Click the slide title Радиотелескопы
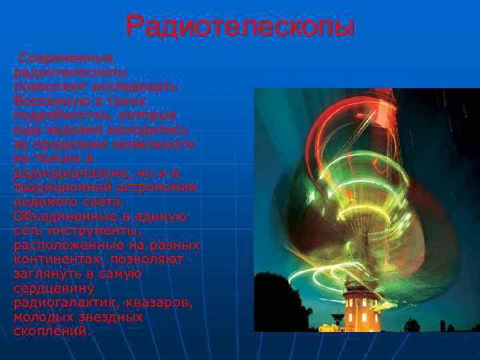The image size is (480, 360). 240,28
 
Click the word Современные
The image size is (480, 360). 66,58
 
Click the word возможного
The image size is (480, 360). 154,144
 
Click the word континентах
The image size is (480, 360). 59,259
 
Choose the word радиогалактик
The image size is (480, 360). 66,303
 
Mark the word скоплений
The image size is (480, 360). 51,331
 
